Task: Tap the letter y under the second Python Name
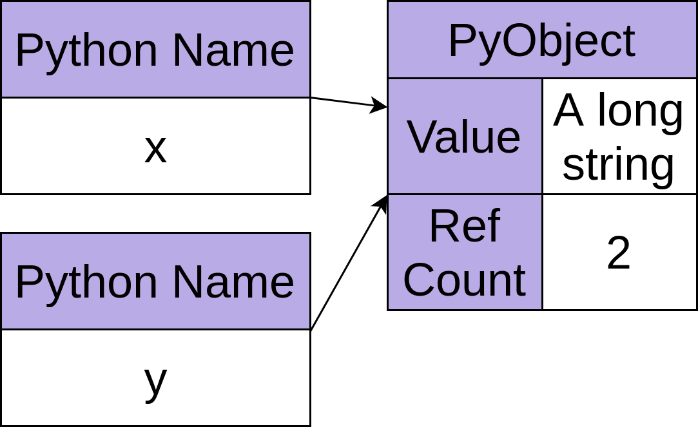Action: pyautogui.click(x=155, y=380)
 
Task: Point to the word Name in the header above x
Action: pyautogui.click(x=233, y=50)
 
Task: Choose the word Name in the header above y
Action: pyautogui.click(x=233, y=282)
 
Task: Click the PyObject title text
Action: pyautogui.click(x=541, y=41)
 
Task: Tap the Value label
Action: pyautogui.click(x=464, y=137)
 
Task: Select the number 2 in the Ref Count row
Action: pyautogui.click(x=619, y=253)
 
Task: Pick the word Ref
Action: pyautogui.click(x=464, y=227)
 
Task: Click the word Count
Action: pyautogui.click(x=464, y=280)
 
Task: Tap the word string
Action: pyautogui.click(x=619, y=165)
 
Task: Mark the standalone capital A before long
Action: pyautogui.click(x=568, y=111)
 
